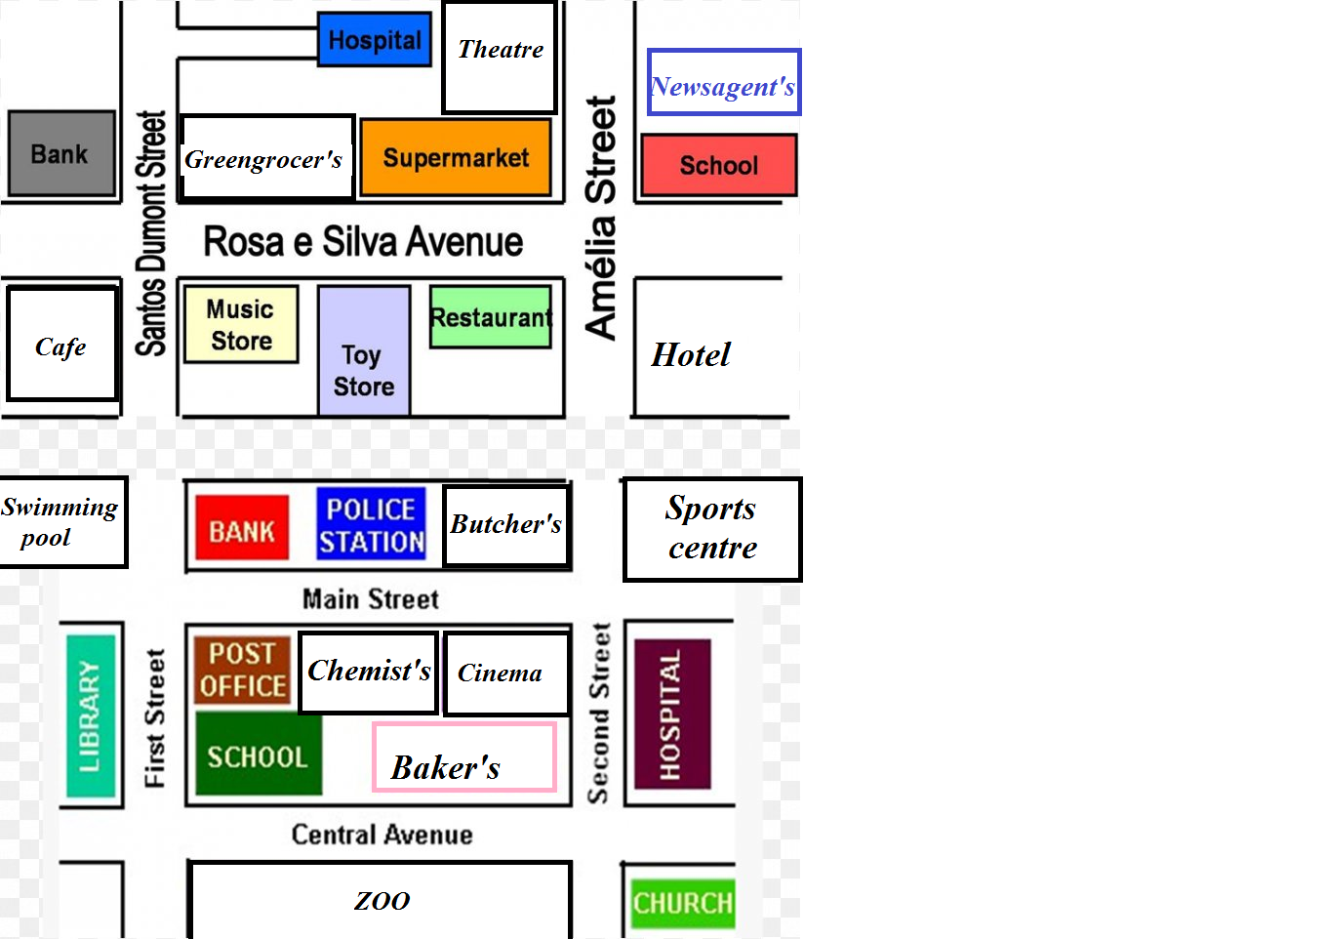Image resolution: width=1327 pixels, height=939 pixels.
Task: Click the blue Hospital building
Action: (x=375, y=39)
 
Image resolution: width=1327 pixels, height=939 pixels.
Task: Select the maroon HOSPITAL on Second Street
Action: (x=672, y=714)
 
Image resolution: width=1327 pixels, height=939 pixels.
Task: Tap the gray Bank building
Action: (x=61, y=153)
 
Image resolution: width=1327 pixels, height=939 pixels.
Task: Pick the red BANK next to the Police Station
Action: (x=242, y=528)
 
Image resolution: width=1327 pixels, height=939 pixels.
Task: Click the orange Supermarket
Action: (x=456, y=157)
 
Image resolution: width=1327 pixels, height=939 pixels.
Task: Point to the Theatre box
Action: (x=500, y=57)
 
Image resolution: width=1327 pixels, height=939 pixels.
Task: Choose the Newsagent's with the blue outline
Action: (x=724, y=82)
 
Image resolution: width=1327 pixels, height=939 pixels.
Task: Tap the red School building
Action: (x=719, y=165)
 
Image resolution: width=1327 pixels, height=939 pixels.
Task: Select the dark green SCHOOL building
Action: (x=259, y=754)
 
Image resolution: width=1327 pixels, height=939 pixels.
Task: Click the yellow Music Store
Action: (x=241, y=324)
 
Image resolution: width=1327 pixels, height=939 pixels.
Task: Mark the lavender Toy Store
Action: (x=364, y=351)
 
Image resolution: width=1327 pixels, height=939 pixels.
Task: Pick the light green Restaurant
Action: (x=491, y=317)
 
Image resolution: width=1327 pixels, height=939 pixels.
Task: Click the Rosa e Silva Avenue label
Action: (x=363, y=241)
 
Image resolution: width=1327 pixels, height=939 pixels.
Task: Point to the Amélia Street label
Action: (x=600, y=218)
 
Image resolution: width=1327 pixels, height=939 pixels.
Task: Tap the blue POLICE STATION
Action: (x=372, y=524)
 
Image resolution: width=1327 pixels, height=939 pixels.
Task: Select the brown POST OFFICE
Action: (x=242, y=670)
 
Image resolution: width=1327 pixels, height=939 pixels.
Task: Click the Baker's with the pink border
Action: (x=464, y=756)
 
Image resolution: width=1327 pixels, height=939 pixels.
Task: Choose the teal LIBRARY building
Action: (x=91, y=715)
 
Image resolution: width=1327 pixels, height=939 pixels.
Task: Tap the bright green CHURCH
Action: (x=683, y=904)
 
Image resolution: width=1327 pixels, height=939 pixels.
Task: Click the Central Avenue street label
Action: (x=382, y=835)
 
